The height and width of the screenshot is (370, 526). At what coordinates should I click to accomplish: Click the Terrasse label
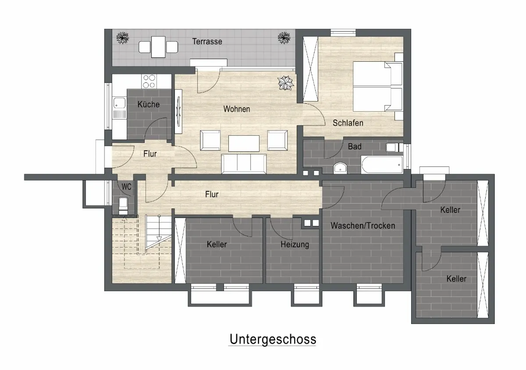tap(207, 42)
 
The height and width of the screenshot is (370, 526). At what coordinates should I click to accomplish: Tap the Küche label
tap(149, 104)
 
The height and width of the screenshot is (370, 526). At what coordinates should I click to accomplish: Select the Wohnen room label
tap(236, 109)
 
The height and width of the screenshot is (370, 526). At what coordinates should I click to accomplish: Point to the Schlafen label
tap(348, 123)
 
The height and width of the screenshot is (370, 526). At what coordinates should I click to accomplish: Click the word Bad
tap(355, 147)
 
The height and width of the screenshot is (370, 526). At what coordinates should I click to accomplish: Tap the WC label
tap(126, 187)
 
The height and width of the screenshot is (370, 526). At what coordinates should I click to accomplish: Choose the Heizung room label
tap(295, 245)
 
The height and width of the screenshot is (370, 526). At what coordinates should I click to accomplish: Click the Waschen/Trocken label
tap(363, 226)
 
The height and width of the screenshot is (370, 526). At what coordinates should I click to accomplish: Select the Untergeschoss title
tap(273, 339)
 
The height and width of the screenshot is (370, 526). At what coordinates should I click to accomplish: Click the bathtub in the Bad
tap(382, 165)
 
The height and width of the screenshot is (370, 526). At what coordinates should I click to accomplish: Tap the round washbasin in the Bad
tap(340, 168)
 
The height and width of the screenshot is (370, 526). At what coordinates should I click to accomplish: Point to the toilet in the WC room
tap(124, 206)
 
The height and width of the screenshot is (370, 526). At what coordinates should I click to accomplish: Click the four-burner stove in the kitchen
tap(149, 81)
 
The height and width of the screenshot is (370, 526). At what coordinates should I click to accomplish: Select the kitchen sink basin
tap(120, 102)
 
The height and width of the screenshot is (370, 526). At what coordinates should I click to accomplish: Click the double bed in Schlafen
tap(377, 86)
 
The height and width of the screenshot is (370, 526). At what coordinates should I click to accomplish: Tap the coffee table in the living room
tap(244, 143)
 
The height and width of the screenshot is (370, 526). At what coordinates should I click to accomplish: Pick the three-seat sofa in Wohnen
tap(244, 164)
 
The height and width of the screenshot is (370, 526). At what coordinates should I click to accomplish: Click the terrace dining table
tap(158, 47)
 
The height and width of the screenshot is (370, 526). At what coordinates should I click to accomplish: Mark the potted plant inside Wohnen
tap(285, 83)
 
